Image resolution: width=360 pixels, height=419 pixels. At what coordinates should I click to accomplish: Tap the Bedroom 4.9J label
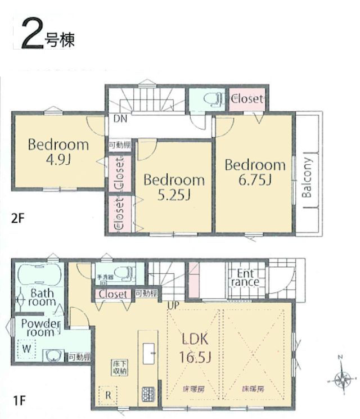click(x=58, y=151)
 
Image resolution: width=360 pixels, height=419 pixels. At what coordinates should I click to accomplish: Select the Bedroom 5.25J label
click(x=174, y=187)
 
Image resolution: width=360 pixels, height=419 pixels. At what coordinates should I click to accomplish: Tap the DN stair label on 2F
click(x=120, y=119)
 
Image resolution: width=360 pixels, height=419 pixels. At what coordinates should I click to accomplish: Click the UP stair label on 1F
click(x=173, y=305)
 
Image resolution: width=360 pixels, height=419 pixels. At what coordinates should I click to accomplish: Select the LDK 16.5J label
click(x=195, y=347)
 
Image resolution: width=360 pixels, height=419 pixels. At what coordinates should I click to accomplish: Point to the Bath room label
click(x=43, y=297)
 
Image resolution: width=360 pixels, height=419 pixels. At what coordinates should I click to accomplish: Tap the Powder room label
click(x=40, y=328)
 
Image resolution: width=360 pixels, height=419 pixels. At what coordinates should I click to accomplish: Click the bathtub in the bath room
click(x=40, y=275)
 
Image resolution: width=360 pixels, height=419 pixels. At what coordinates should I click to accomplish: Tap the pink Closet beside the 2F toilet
click(x=246, y=99)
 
